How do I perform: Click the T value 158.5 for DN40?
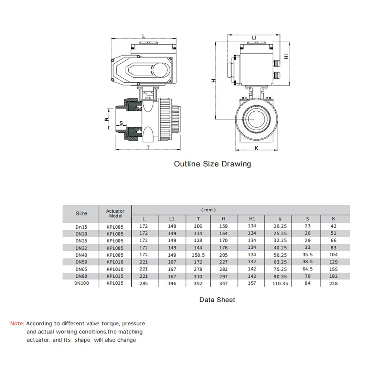(x=198, y=255)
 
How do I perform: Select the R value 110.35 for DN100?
(x=280, y=283)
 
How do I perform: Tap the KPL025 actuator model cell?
(x=115, y=283)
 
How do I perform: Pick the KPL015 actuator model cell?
(x=115, y=276)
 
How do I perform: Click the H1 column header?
(x=252, y=219)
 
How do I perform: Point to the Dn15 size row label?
(x=81, y=227)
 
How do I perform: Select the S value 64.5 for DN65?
(x=307, y=269)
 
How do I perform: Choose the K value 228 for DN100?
(x=333, y=283)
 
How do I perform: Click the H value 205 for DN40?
(x=223, y=255)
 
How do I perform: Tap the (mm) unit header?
(x=209, y=210)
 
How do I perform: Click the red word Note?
(x=17, y=323)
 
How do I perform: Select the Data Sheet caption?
(x=217, y=300)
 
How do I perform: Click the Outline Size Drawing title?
(x=213, y=164)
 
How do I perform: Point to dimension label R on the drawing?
(x=107, y=119)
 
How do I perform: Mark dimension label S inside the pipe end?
(x=121, y=123)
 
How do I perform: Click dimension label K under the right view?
(x=257, y=148)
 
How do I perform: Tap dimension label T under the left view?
(x=148, y=148)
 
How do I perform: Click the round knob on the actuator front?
(x=160, y=70)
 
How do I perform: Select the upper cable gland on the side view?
(x=276, y=63)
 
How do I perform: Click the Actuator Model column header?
(x=115, y=213)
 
